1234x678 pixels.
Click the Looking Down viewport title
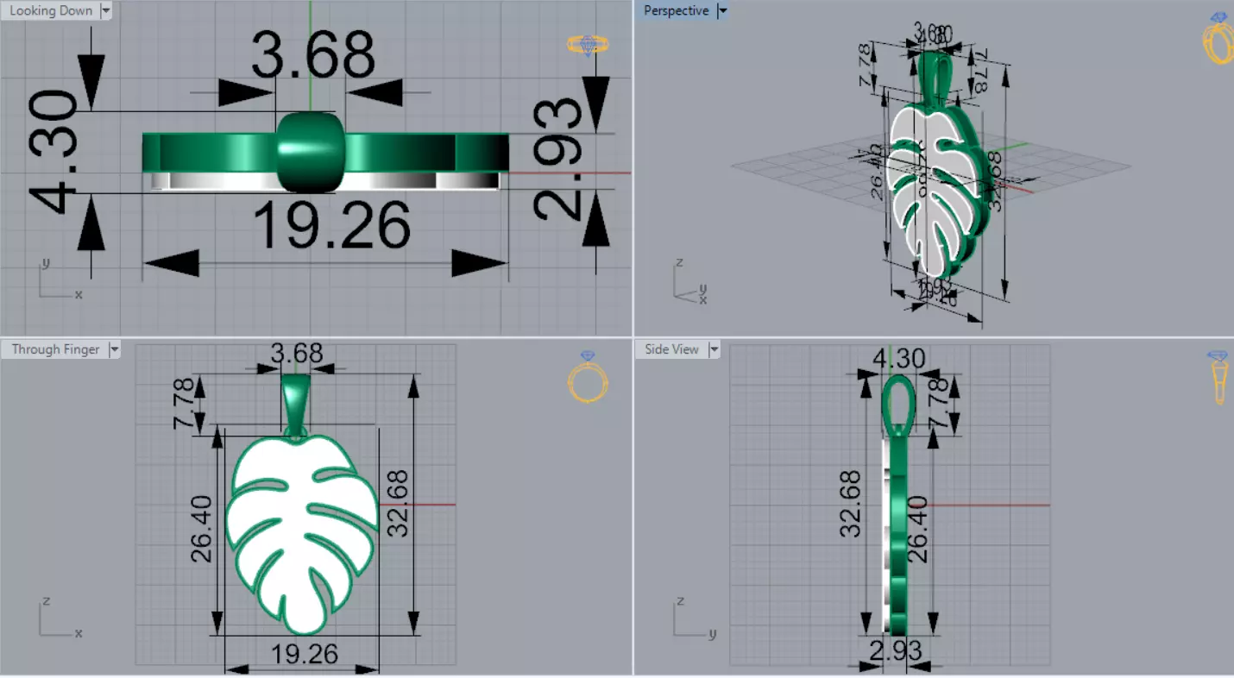50,11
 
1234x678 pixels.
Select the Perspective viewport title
676,11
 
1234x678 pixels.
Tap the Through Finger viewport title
55,349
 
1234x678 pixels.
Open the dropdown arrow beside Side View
714,349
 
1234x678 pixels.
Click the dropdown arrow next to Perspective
722,11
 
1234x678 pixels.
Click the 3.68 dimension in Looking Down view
312,56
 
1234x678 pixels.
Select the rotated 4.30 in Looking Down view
54,153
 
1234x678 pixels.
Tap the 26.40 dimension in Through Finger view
202,529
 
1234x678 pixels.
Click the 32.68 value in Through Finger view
398,503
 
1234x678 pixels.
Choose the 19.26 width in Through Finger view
304,655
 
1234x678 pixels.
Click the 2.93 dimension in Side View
896,650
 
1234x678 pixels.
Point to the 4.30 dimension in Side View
899,358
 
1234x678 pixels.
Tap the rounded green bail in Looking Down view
311,152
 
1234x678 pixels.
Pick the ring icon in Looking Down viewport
588,45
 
